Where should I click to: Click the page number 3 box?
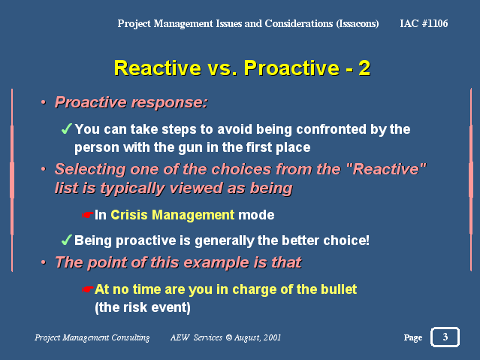tap(445, 337)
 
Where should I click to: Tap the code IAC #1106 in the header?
tap(424, 23)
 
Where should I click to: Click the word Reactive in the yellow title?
tap(158, 68)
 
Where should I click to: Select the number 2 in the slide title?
tap(364, 68)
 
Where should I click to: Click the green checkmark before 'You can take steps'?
tap(67, 129)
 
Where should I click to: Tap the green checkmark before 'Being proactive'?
tap(67, 240)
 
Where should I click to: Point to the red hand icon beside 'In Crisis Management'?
tap(88, 215)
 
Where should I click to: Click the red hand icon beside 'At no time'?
tap(88, 289)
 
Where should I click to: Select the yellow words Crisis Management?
tap(172, 215)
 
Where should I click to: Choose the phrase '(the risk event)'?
tap(143, 307)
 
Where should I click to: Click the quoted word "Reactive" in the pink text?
tap(389, 169)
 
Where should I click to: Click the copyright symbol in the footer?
tap(229, 337)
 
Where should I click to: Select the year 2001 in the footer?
tap(272, 337)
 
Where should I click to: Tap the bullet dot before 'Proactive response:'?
tap(44, 102)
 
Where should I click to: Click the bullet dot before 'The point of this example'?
tap(44, 262)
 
